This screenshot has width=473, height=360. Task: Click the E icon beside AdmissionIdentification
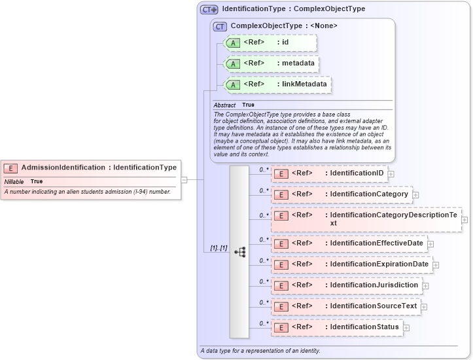coord(11,168)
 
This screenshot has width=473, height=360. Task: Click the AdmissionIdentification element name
coord(63,168)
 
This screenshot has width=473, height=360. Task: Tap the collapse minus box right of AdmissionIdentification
coord(184,179)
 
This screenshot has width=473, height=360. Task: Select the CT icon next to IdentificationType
coord(209,9)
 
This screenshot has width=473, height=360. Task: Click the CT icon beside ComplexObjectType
coord(220,26)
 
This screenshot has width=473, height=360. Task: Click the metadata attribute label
coord(298,63)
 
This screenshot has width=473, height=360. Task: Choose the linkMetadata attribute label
coord(304,84)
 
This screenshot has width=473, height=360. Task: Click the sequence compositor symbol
coord(239,251)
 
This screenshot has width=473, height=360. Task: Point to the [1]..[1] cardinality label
coord(218,248)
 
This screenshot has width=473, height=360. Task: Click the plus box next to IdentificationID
coord(391,174)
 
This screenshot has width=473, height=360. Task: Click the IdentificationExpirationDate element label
coord(379,264)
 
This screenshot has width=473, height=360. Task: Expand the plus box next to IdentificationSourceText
coord(424,306)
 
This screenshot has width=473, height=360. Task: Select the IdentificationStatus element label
coord(364,327)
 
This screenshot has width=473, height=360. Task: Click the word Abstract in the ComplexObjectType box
coord(224,105)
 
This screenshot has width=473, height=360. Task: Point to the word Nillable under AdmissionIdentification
coord(14,181)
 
